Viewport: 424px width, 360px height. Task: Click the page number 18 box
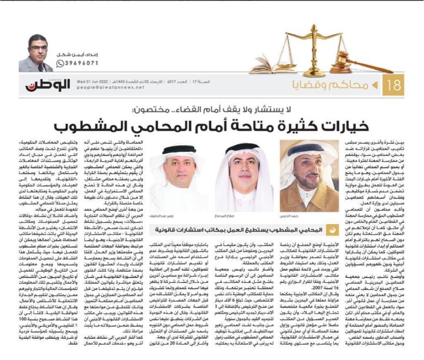[x=396, y=85]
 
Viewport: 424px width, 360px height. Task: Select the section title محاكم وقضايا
[x=346, y=85]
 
